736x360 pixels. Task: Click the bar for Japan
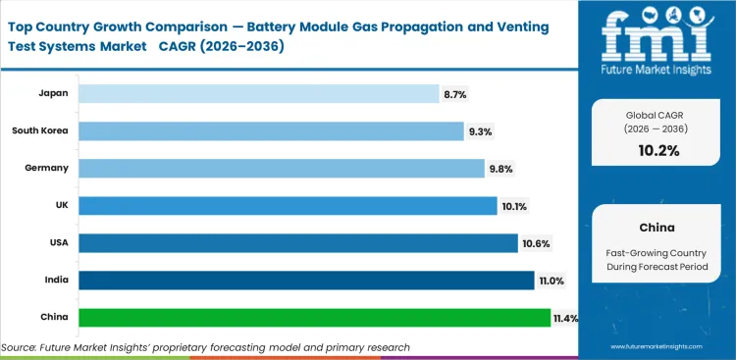pyautogui.click(x=258, y=93)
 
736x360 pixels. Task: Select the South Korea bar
pyautogui.click(x=271, y=130)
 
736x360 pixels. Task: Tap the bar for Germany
pyautogui.click(x=281, y=168)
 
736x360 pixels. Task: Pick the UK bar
pyautogui.click(x=288, y=205)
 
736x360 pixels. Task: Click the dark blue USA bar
pyautogui.click(x=297, y=242)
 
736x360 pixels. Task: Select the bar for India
pyautogui.click(x=306, y=280)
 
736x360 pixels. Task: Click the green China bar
pyautogui.click(x=314, y=317)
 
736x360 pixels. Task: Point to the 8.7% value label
pyautogui.click(x=454, y=94)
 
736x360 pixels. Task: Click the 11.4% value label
pyautogui.click(x=566, y=318)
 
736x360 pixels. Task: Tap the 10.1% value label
pyautogui.click(x=513, y=206)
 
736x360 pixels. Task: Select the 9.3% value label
pyautogui.click(x=480, y=131)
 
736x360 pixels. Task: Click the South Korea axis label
pyautogui.click(x=40, y=130)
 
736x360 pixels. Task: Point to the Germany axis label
pyautogui.click(x=46, y=168)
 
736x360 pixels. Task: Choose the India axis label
pyautogui.click(x=55, y=280)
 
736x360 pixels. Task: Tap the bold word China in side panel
pyautogui.click(x=657, y=227)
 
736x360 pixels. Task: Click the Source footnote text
pyautogui.click(x=205, y=347)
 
